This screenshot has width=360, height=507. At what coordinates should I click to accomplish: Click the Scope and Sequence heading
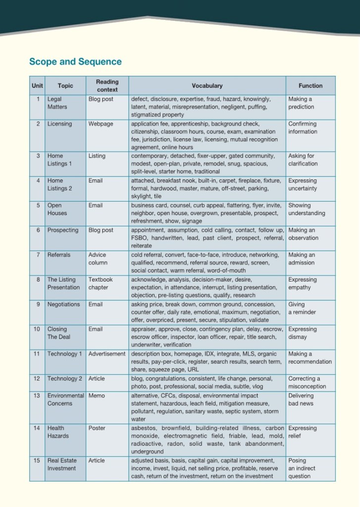[75, 62]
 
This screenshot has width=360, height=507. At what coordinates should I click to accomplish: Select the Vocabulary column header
[207, 86]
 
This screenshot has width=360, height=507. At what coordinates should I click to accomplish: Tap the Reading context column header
[107, 86]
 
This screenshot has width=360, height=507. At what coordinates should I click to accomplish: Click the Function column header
[310, 86]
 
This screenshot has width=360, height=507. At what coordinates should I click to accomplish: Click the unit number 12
[37, 379]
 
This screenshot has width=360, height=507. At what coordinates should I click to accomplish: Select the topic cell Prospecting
[63, 230]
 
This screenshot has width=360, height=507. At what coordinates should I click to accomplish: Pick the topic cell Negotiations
[63, 304]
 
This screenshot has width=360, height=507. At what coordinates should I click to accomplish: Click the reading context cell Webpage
[101, 124]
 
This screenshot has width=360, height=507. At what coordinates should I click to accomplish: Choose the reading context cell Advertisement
[107, 354]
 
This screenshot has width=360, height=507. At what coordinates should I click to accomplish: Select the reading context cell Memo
[97, 396]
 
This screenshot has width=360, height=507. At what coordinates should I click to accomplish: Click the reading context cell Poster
[97, 428]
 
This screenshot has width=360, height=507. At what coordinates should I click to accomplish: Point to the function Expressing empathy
[303, 283]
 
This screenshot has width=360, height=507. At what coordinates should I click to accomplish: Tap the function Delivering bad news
[301, 399]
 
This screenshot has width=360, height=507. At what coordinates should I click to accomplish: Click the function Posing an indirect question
[302, 468]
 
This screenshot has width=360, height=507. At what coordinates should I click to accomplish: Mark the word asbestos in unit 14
[144, 428]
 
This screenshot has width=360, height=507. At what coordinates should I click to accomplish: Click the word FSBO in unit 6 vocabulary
[139, 238]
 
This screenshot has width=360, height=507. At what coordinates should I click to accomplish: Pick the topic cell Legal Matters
[57, 103]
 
